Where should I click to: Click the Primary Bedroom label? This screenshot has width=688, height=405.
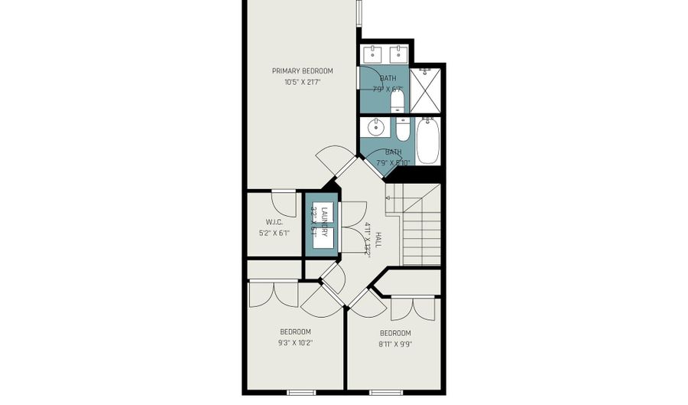(x=302, y=71)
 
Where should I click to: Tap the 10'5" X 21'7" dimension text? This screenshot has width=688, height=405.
(x=302, y=82)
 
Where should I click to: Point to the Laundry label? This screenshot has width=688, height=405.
(x=324, y=222)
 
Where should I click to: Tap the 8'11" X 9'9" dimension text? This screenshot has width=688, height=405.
(x=395, y=345)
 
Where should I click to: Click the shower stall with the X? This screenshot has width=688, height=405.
(x=426, y=90)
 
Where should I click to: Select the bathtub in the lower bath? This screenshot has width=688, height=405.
(x=427, y=140)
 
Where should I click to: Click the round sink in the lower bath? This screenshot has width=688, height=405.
(x=375, y=127)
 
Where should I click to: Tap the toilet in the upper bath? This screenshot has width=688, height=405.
(x=397, y=100)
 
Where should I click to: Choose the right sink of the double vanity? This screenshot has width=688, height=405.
(x=398, y=54)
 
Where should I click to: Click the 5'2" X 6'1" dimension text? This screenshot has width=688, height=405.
(x=275, y=234)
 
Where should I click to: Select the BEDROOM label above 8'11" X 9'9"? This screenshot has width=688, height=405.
(x=395, y=333)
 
